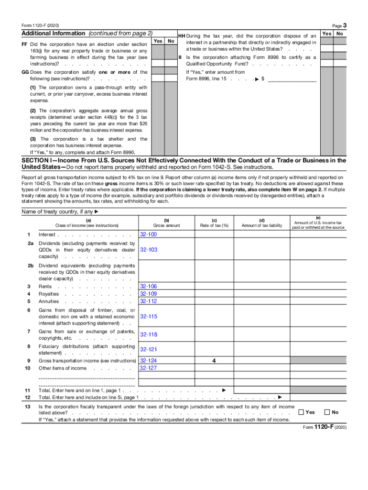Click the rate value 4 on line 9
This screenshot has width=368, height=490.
[214, 361]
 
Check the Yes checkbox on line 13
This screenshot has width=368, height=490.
[301, 412]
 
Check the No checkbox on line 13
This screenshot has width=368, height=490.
[327, 412]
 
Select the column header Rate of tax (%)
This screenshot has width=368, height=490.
[214, 225]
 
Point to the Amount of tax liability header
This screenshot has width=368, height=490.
[262, 225]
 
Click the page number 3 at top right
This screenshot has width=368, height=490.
[345, 25]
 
